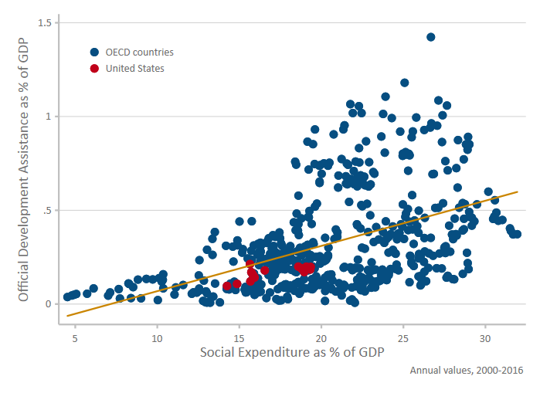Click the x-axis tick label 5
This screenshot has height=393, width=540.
(x=75, y=338)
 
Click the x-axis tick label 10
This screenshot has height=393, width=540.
(x=157, y=338)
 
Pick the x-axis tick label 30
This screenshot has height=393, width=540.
(x=485, y=338)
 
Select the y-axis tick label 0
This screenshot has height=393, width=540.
(x=47, y=303)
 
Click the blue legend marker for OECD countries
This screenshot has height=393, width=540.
(x=94, y=53)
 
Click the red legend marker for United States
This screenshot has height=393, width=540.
(x=94, y=68)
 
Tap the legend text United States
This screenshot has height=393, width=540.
(x=135, y=68)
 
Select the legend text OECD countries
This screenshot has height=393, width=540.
(x=140, y=53)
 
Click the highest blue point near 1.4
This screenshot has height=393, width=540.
(x=431, y=37)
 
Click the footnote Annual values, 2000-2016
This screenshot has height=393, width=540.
(x=467, y=371)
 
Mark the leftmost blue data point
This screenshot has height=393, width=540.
(x=68, y=296)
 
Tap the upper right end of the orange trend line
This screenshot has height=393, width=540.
(x=517, y=191)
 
